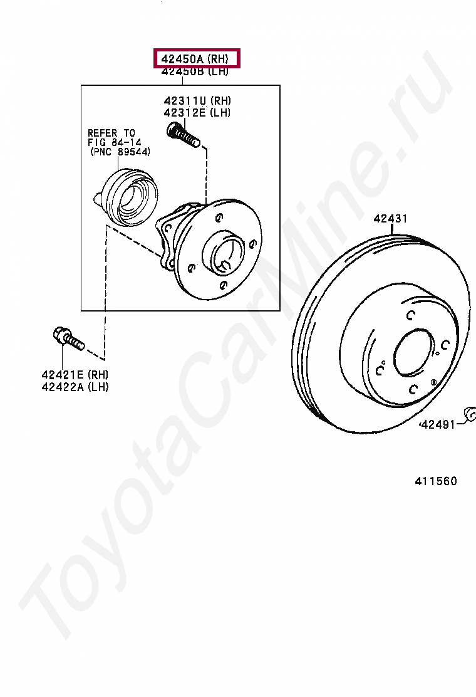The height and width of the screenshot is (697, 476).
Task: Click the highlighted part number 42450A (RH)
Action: click(x=195, y=58)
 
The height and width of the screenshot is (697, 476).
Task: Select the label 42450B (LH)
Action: click(x=195, y=71)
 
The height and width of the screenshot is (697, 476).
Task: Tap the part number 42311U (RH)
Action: click(x=197, y=100)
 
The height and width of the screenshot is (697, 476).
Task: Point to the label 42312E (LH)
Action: click(x=197, y=113)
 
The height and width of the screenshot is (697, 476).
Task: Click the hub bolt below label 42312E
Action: click(x=183, y=135)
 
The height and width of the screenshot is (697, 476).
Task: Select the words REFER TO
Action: click(x=111, y=133)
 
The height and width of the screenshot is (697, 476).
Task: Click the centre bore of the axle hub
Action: click(x=228, y=254)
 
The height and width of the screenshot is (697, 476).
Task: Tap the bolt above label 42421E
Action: click(x=68, y=338)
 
